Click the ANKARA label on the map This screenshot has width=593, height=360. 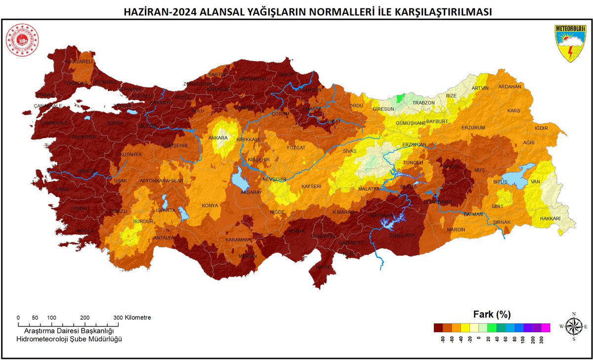point(217,138)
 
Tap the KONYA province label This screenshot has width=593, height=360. point(210,206)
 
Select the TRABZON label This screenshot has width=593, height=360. point(424,103)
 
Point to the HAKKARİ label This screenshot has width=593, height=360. point(550,218)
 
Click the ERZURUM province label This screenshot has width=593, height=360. point(473,127)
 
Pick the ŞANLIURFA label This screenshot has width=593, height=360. point(400,235)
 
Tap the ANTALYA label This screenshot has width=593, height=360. point(163,238)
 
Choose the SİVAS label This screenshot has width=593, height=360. point(350,152)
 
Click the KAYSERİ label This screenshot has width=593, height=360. point(311,186)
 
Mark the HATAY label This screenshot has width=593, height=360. point(323,267)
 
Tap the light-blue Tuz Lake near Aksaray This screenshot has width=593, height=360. point(240,179)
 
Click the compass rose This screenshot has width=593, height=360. point(573,326)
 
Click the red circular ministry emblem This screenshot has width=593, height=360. point(22,40)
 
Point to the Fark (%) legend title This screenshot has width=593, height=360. point(492,314)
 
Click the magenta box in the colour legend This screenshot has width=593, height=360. point(546,327)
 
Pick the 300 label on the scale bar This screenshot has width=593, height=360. point(118,318)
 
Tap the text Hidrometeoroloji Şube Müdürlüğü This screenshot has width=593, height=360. point(69,339)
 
